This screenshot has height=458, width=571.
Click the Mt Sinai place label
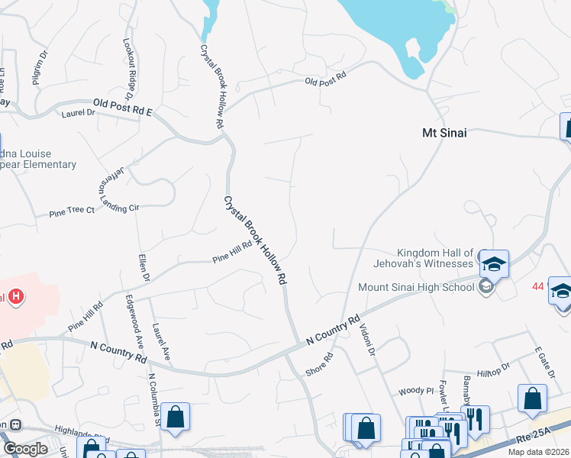(444, 132)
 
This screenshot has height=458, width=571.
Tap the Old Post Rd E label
(123, 107)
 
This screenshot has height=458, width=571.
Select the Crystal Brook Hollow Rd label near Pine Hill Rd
(255, 240)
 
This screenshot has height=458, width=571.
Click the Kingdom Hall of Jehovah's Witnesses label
(435, 258)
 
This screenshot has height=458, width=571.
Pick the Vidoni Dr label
(367, 337)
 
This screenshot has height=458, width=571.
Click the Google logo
(24, 449)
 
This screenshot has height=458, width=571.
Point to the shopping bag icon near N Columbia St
(176, 417)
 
